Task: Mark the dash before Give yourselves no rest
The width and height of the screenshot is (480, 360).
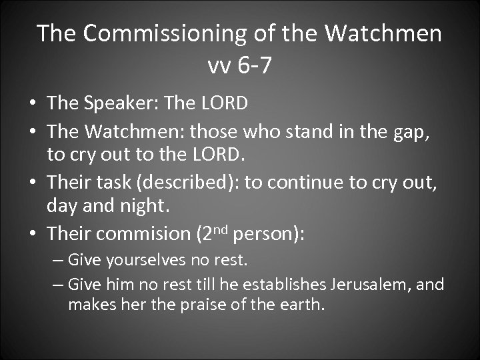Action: pyautogui.click(x=58, y=259)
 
